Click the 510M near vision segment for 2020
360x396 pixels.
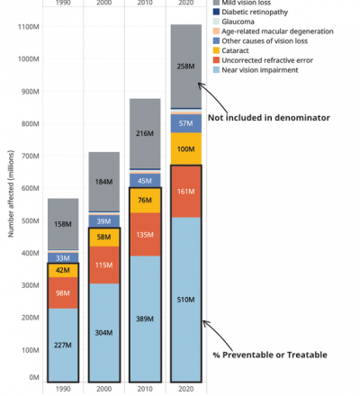pyautogui.click(x=186, y=300)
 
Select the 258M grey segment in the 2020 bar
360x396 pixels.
pyautogui.click(x=186, y=66)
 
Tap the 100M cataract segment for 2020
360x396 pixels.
pyautogui.click(x=186, y=148)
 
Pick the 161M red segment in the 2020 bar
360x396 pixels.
pyautogui.click(x=186, y=191)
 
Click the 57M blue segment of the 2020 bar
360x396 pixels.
pyautogui.click(x=186, y=123)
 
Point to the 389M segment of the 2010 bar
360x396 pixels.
pyautogui.click(x=145, y=319)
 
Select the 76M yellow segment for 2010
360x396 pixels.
pyautogui.click(x=145, y=200)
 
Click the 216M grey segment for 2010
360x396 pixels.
pyautogui.click(x=145, y=133)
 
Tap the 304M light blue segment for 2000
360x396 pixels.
pyautogui.click(x=103, y=333)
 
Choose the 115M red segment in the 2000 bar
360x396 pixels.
pyautogui.click(x=103, y=265)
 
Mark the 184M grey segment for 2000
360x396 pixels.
pyautogui.click(x=103, y=182)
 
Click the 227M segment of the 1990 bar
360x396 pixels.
pyautogui.click(x=63, y=346)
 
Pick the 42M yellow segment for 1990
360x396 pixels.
pyautogui.click(x=63, y=270)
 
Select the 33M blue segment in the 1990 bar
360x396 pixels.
pyautogui.click(x=63, y=258)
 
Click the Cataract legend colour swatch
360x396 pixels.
pyautogui.click(x=216, y=50)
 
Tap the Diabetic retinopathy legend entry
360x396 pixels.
pyautogui.click(x=250, y=12)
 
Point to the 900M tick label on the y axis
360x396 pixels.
pyautogui.click(x=30, y=92)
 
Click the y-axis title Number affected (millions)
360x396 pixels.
pyautogui.click(x=11, y=193)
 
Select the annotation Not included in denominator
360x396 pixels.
pyautogui.click(x=269, y=118)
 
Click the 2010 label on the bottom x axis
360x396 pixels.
pyautogui.click(x=145, y=389)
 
